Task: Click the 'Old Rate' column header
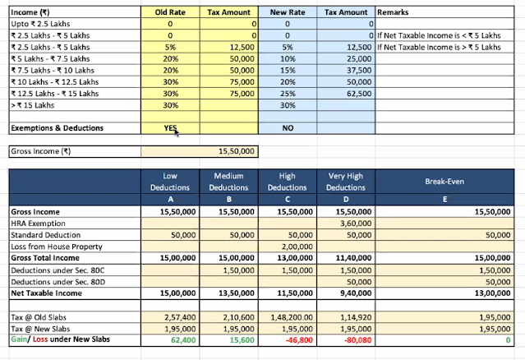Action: [169, 13]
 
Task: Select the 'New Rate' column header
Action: [288, 13]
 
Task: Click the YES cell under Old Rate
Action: [169, 128]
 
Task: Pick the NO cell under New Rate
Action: [288, 128]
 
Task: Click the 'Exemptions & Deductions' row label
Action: [57, 128]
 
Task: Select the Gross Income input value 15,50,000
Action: [237, 152]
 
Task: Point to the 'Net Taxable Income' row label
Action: [48, 292]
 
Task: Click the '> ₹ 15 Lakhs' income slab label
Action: [33, 105]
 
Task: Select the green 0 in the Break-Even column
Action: [509, 339]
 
